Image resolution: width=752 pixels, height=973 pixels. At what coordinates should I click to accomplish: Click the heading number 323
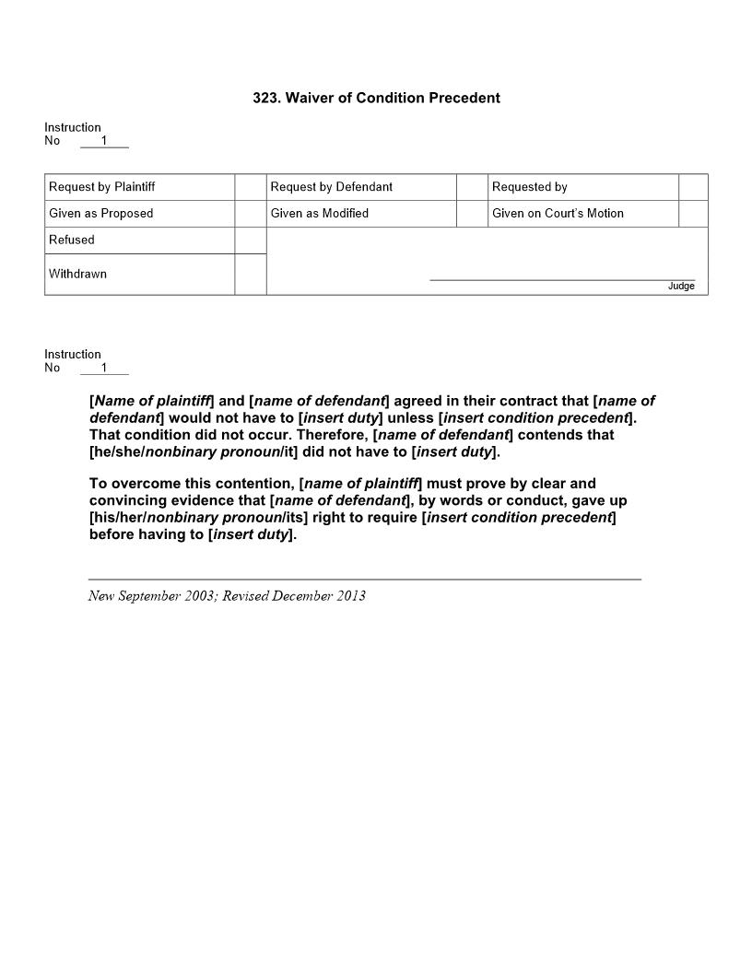point(266,98)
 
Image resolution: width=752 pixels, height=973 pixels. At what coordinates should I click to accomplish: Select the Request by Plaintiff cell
point(102,187)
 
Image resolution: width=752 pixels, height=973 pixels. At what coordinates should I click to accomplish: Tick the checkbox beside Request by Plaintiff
point(250,187)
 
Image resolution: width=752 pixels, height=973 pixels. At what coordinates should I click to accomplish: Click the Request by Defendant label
point(332,187)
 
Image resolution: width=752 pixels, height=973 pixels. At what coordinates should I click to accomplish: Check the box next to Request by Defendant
point(472,187)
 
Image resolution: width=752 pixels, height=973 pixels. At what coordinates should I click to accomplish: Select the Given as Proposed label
point(101,214)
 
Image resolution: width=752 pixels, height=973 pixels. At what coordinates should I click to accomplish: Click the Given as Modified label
point(320,214)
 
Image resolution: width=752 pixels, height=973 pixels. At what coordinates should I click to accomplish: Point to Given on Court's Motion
point(558,214)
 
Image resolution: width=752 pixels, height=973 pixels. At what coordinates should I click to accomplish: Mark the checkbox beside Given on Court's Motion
point(693,214)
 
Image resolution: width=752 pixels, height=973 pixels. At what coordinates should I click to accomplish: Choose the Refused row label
point(72,240)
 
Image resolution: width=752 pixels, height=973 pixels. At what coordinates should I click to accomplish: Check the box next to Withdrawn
point(250,275)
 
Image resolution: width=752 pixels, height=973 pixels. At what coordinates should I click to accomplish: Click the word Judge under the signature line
point(681,287)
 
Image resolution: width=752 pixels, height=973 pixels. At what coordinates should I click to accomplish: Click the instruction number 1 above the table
point(104,141)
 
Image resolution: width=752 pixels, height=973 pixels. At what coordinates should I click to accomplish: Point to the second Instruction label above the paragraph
point(73,355)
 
